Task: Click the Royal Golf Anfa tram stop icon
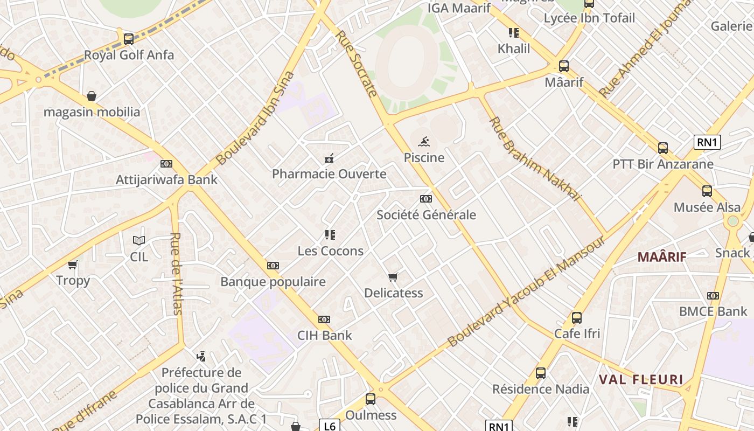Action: (128, 39)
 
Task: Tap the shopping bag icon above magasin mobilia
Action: (92, 96)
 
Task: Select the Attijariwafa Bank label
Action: (166, 180)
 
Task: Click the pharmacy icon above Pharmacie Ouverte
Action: (329, 158)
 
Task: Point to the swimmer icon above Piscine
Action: (424, 142)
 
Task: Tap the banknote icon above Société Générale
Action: (426, 199)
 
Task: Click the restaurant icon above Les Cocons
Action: (330, 235)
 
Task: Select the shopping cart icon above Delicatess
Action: (393, 277)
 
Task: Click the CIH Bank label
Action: (325, 335)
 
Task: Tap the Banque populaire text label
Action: (273, 282)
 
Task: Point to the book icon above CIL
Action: (139, 240)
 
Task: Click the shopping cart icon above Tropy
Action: (73, 265)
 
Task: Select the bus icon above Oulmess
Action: (371, 399)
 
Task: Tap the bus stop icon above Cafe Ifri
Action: (577, 318)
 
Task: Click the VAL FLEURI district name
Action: (641, 379)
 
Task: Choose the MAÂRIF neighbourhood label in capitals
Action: (662, 257)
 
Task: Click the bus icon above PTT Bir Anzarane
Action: (663, 148)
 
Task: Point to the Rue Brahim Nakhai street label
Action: (535, 158)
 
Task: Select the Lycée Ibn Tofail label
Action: (589, 18)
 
